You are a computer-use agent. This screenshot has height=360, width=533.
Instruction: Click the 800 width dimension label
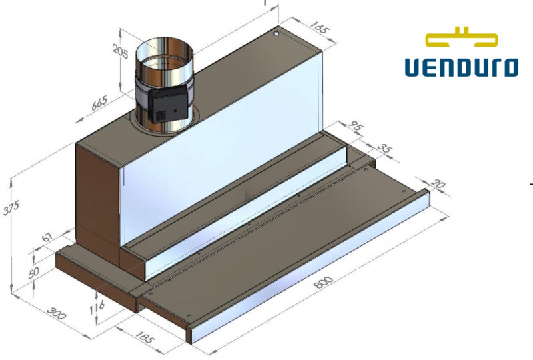(323, 282)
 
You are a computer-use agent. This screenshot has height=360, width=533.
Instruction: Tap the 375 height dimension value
(11, 208)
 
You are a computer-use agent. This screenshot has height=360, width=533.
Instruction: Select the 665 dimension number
(99, 103)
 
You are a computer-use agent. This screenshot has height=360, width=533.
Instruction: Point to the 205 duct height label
(121, 51)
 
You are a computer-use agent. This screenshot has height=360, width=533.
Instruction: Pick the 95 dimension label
(356, 127)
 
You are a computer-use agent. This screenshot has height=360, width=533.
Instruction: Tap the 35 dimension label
(385, 149)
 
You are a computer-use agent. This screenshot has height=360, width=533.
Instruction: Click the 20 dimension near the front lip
(438, 184)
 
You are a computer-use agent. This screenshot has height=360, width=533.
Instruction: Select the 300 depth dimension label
(56, 313)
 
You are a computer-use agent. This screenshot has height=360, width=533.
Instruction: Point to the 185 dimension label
(145, 337)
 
